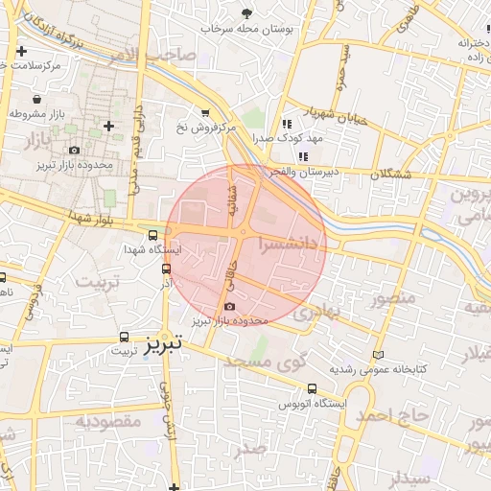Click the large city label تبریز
click(x=163, y=345)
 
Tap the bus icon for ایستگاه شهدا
click(x=153, y=235)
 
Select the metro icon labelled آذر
click(x=168, y=269)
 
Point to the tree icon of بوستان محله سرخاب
click(x=248, y=12)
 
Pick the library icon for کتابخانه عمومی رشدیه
click(x=377, y=354)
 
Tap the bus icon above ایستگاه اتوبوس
click(x=313, y=389)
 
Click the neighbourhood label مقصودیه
click(x=108, y=421)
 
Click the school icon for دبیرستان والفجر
click(x=303, y=156)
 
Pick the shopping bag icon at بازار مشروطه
click(x=36, y=99)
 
